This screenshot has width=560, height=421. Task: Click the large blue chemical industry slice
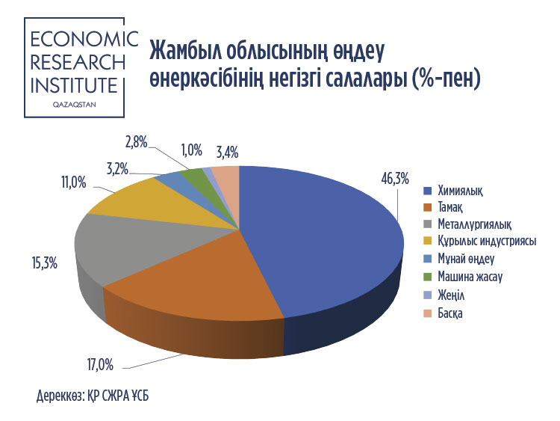click(x=321, y=243)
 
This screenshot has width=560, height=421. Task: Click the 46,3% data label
click(x=395, y=179)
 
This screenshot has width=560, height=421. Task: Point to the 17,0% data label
click(x=100, y=365)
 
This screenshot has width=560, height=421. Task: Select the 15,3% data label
click(x=45, y=264)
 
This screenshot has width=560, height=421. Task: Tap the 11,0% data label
click(x=74, y=182)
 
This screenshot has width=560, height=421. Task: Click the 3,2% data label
click(x=117, y=168)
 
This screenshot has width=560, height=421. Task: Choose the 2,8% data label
click(x=137, y=143)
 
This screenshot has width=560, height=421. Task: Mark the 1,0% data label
click(x=192, y=150)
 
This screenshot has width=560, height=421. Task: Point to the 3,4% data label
click(x=228, y=153)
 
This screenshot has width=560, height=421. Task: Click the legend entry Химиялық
click(x=461, y=191)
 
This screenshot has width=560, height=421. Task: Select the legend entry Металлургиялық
click(x=475, y=224)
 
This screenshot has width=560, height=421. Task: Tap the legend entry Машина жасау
click(x=470, y=277)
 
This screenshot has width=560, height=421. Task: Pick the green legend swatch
click(x=428, y=277)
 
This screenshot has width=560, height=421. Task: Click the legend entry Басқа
click(x=450, y=313)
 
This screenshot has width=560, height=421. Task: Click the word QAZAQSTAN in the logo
click(x=74, y=105)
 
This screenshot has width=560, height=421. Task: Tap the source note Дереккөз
click(x=60, y=396)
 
